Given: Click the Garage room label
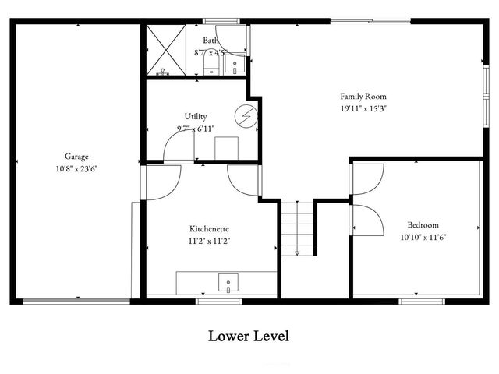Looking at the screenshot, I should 76,157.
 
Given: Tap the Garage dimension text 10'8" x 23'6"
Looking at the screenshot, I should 76,168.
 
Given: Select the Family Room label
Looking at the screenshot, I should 363,96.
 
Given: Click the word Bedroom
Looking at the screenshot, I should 420,224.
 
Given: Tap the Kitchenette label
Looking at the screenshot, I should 210,229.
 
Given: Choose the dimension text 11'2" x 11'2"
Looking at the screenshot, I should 210,241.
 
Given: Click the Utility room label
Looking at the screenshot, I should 196,116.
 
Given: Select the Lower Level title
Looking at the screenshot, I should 249,337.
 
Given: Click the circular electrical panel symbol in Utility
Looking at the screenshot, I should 247,115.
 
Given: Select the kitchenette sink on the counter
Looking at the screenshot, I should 228,282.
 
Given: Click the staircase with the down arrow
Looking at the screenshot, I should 297,228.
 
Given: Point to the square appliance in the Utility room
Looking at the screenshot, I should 226,147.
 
